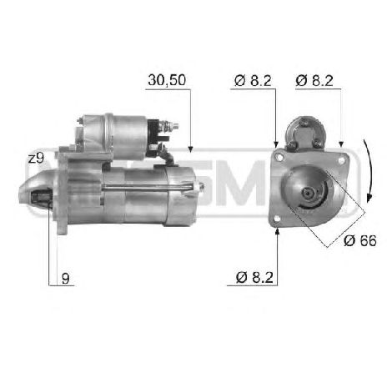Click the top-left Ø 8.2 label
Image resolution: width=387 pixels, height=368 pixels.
click(x=250, y=81)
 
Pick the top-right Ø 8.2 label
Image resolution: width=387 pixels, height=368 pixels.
click(x=315, y=81)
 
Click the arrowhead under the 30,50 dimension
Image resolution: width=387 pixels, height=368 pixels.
click(x=192, y=148)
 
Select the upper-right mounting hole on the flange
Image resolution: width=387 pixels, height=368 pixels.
click(x=338, y=156)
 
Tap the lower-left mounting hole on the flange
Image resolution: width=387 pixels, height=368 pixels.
click(x=277, y=219)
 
